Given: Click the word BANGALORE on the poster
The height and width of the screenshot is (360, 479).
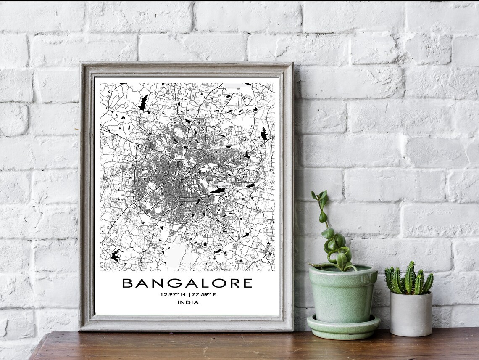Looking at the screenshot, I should coord(187,283).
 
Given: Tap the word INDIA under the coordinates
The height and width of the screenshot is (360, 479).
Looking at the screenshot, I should coord(188,302).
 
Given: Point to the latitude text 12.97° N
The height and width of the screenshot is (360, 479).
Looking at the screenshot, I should coord(173,294).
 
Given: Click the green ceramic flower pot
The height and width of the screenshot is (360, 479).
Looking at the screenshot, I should coord(342,294).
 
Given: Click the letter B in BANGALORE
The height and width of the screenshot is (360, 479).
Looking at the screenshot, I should coord(126,283).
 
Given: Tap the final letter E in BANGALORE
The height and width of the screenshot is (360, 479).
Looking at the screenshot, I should coord(247,283).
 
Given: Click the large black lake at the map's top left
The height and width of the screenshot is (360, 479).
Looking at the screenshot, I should coord(143,103).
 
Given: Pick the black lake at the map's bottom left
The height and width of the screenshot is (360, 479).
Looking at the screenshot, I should coord(114,255).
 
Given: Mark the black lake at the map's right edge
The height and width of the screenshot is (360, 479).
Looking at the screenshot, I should coord(263,134).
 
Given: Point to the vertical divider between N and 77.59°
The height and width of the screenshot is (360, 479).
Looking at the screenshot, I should coord(189,294).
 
